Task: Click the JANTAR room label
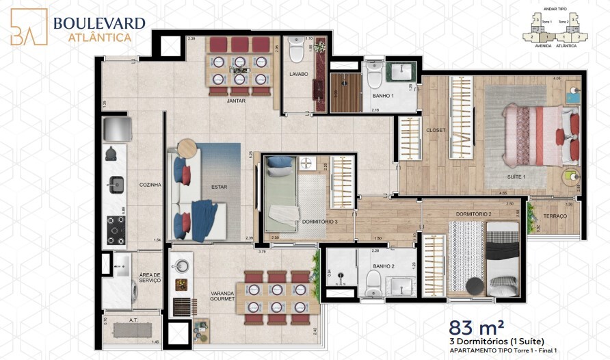[x=237, y=101]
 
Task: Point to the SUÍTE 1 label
[x=516, y=177]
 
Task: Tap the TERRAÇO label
[x=555, y=216]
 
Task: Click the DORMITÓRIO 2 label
[x=474, y=214]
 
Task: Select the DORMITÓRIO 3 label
[x=320, y=222]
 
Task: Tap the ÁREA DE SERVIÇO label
[x=149, y=276]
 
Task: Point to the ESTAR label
[x=220, y=186]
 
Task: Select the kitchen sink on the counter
[x=114, y=183]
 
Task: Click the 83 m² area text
[x=473, y=328]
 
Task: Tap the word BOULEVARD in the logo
[x=99, y=23]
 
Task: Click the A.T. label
[x=133, y=319]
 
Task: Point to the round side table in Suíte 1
[x=569, y=177]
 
